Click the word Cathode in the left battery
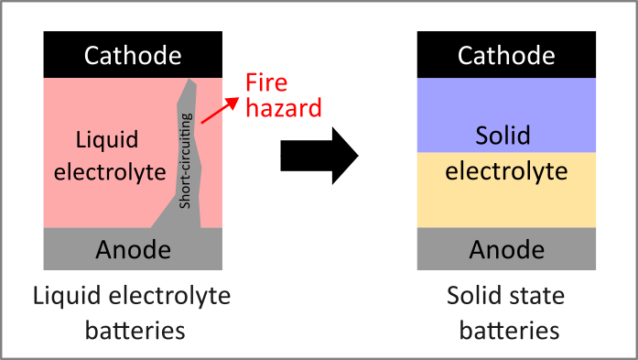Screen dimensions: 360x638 [134, 56]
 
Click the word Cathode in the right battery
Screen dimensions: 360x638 [507, 56]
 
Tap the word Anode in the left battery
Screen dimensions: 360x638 [134, 249]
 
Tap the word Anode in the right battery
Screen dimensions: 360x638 [507, 249]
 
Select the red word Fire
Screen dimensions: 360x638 [266, 84]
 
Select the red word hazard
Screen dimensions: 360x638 [285, 108]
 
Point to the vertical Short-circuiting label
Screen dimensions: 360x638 [187, 159]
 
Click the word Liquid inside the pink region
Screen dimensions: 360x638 [107, 140]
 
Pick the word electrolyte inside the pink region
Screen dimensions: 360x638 [109, 171]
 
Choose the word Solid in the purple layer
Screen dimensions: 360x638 [503, 136]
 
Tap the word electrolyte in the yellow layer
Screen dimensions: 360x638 [507, 170]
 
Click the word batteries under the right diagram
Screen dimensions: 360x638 [506, 328]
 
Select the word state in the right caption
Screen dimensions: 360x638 [540, 296]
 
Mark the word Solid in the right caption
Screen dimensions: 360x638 [474, 296]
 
